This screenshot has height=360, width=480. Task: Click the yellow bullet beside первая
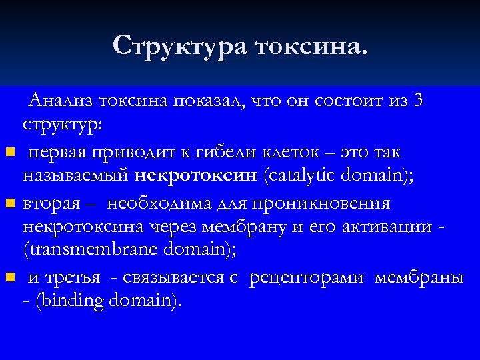pyautogui.click(x=7, y=154)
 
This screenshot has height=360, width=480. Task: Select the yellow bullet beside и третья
pyautogui.click(x=7, y=278)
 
